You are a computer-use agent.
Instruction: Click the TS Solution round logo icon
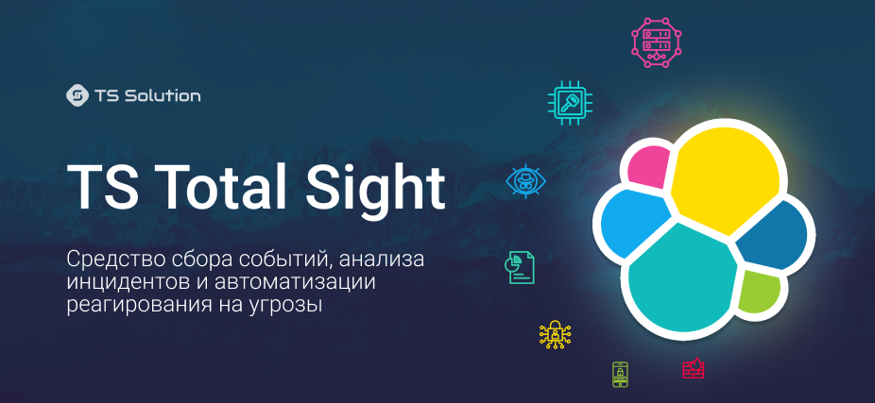pos(77,95)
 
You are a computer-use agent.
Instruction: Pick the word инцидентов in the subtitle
pos(118,282)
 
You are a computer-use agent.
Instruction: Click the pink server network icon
pos(657,42)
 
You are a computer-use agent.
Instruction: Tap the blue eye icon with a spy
pos(525,180)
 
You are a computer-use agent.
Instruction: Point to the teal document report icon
pos(520,267)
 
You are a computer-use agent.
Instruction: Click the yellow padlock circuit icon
pos(556,334)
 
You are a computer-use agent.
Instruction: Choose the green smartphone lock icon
pos(620,374)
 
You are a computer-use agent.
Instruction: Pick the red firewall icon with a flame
pos(694,367)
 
